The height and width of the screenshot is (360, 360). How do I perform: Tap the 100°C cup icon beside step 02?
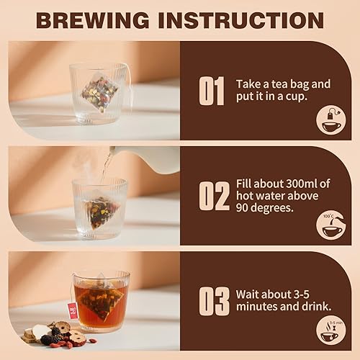pos(330,225)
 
